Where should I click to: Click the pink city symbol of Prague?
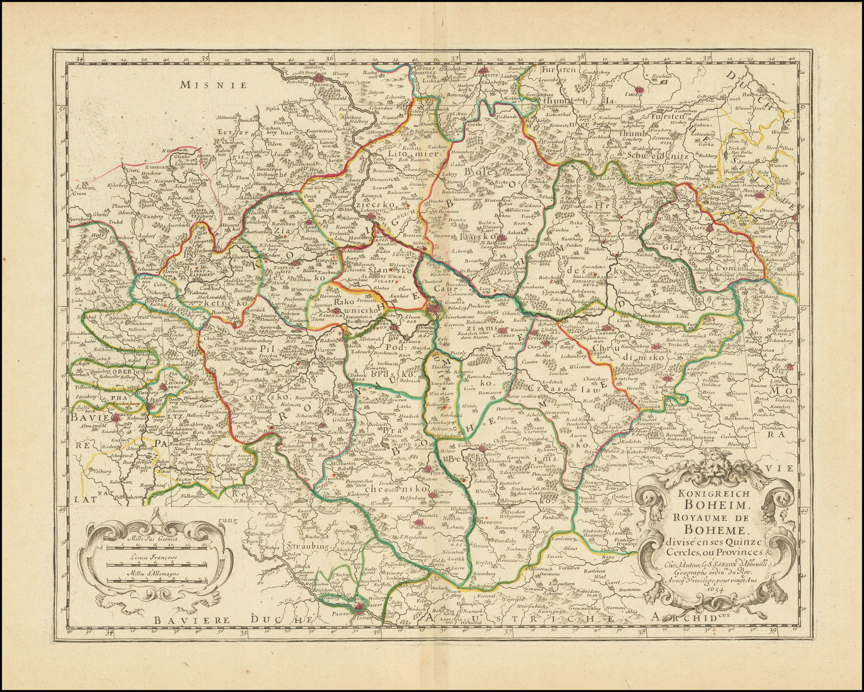tap(433, 309)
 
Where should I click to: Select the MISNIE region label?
tap(213, 84)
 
